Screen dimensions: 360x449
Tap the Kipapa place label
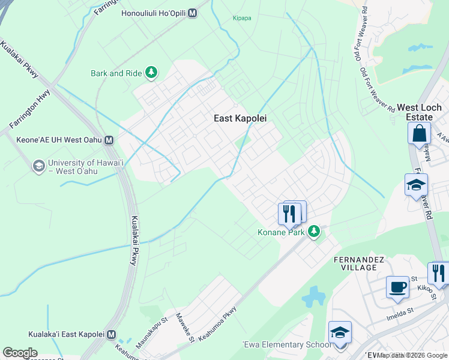pyautogui.click(x=243, y=18)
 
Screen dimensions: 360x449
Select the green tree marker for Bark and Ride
pyautogui.click(x=151, y=73)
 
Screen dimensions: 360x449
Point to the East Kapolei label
pyautogui.click(x=240, y=119)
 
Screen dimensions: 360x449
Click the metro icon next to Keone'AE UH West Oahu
pyautogui.click(x=109, y=140)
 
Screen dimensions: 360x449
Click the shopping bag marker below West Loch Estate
pyautogui.click(x=418, y=133)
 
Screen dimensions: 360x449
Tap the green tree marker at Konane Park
pyautogui.click(x=313, y=232)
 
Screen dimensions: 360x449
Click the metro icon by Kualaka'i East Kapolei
pyautogui.click(x=110, y=334)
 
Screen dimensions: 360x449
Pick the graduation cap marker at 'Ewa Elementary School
pyautogui.click(x=340, y=332)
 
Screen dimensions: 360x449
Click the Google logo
pyautogui.click(x=20, y=353)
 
